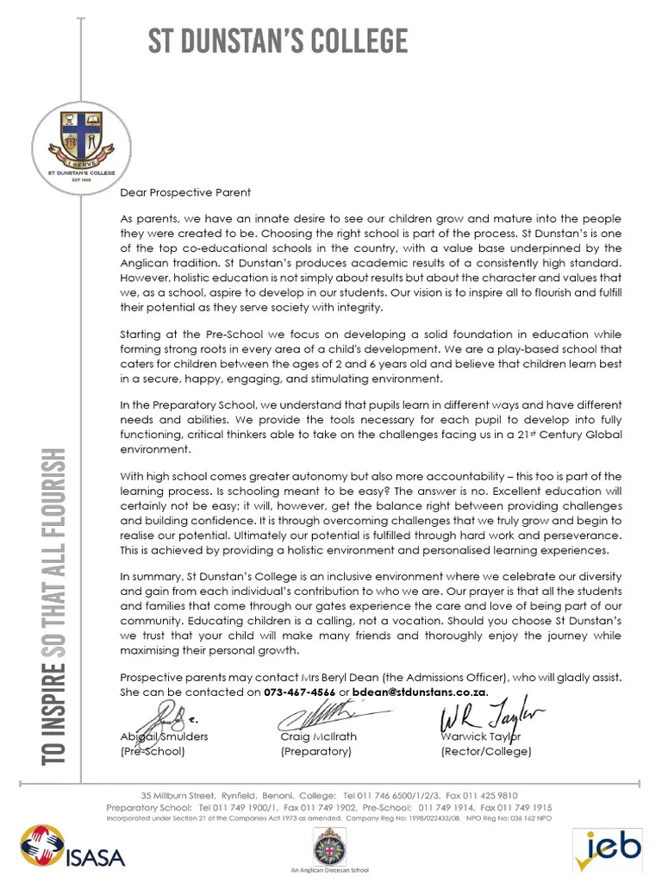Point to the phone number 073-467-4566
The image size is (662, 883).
point(300,692)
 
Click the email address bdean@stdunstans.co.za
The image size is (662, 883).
point(420,692)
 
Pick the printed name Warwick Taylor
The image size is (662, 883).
point(481,736)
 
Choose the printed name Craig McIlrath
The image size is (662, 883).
point(318,736)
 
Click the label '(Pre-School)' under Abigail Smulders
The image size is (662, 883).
point(153,751)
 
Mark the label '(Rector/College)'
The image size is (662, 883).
point(486,751)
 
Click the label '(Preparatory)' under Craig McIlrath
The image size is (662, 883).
point(315,751)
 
